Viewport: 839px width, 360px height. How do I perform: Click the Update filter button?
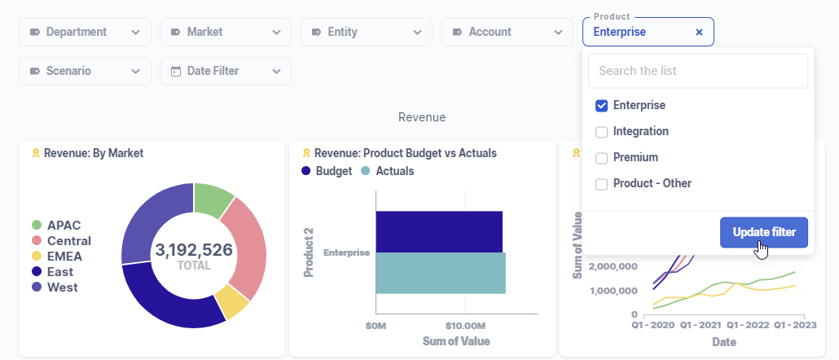tap(763, 232)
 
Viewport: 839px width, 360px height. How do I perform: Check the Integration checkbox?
tap(602, 132)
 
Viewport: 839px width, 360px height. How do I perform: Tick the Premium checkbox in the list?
tap(602, 158)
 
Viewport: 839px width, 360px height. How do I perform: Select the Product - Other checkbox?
tap(602, 184)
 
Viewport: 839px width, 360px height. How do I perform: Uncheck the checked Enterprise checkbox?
tap(602, 106)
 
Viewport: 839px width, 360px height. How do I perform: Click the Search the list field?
tap(697, 71)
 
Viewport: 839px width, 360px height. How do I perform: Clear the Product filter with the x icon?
tap(699, 33)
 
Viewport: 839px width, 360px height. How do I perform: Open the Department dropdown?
tap(85, 32)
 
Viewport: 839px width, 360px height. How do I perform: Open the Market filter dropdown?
tap(226, 32)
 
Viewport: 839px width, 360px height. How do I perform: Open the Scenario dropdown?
tap(85, 71)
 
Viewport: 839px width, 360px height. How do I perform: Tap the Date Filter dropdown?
tap(226, 71)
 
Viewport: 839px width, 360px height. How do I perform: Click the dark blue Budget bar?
tap(439, 231)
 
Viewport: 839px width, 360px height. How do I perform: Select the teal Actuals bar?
tap(441, 273)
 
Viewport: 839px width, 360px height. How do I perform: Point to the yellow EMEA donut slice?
tap(233, 303)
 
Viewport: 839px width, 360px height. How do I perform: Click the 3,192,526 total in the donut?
tap(194, 250)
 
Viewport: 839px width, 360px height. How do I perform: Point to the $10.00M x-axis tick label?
tap(466, 326)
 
